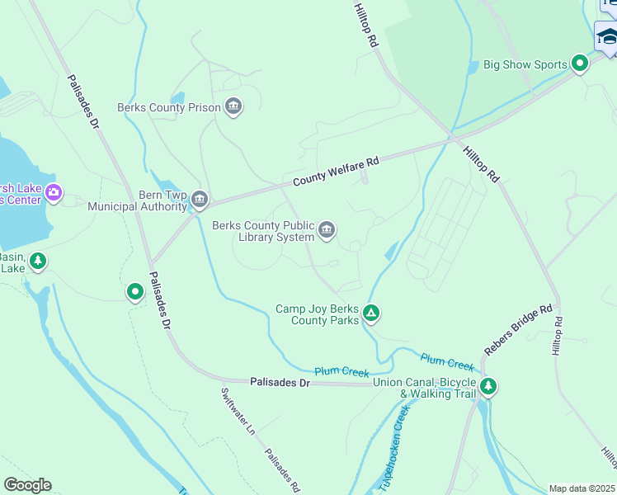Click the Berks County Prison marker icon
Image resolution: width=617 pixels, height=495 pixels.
pos(233,106)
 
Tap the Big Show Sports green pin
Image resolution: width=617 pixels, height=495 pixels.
pos(580,63)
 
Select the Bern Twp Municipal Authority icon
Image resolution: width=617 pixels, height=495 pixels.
pos(199,200)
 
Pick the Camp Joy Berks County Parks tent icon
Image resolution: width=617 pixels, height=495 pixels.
pos(371,313)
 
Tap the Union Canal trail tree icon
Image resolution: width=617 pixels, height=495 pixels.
pos(488,385)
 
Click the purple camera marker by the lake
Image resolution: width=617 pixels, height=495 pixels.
pos(54,193)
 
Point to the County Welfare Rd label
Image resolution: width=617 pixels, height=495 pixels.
pos(335,170)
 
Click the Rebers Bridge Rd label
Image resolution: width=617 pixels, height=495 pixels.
pos(518,331)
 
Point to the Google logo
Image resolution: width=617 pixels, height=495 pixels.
pos(27,485)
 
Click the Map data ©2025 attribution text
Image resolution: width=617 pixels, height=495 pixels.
pos(582,488)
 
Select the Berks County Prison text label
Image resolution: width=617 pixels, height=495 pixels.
pos(169,107)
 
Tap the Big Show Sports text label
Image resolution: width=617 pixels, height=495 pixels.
pos(525,64)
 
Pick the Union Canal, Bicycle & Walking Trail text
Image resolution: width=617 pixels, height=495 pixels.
pos(424,388)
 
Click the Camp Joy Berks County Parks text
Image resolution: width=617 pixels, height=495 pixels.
pos(317,314)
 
